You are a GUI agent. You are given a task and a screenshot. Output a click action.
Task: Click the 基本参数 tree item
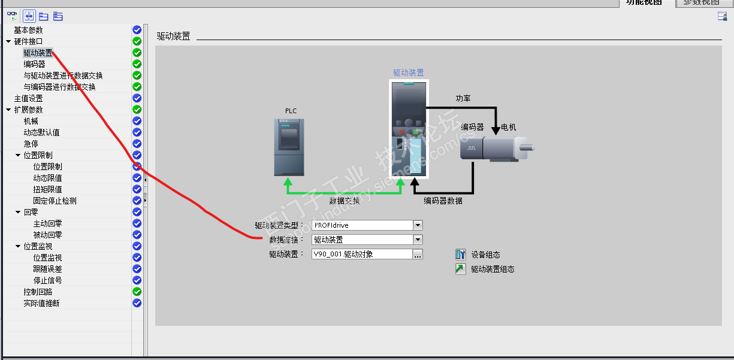(x=28, y=30)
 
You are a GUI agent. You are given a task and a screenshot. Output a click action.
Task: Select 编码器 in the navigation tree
(x=34, y=64)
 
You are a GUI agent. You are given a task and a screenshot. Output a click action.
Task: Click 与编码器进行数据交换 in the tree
(x=59, y=87)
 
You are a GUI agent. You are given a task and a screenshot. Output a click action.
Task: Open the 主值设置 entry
(x=28, y=98)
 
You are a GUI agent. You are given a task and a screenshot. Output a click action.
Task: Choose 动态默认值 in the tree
(x=41, y=132)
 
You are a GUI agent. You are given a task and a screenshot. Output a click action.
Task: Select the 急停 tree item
(x=31, y=144)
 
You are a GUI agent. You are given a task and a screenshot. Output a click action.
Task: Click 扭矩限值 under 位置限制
(x=47, y=189)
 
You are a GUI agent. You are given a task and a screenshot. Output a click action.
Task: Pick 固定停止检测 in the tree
(x=55, y=201)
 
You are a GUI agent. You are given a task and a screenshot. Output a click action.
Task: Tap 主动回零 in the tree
(x=47, y=223)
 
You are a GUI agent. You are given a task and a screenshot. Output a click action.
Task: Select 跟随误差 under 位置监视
(x=47, y=269)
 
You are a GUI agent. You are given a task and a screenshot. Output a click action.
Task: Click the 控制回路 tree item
(x=38, y=292)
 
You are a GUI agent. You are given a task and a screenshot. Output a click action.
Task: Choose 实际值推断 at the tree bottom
(x=41, y=303)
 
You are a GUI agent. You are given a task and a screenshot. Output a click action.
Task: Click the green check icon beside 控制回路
(x=137, y=292)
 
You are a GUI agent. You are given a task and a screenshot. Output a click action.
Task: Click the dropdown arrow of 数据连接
(x=418, y=240)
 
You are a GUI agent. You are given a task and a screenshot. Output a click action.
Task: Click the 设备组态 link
(x=485, y=255)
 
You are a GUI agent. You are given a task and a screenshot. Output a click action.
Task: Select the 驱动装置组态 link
(x=493, y=270)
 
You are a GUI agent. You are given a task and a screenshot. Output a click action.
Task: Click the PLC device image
(x=289, y=147)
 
